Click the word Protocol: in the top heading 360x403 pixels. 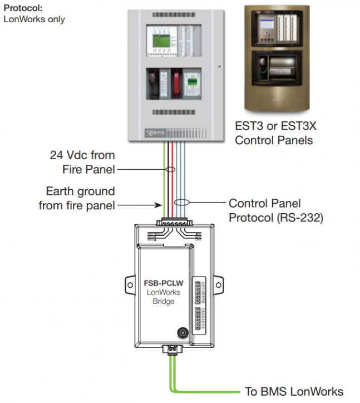click(23, 9)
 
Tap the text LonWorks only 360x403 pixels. click(34, 19)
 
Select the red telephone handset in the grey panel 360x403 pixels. click(176, 82)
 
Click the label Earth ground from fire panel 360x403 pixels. click(77, 199)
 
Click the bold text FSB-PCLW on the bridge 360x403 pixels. click(163, 283)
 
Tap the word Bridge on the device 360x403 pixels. click(164, 302)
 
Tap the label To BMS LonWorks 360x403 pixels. click(294, 391)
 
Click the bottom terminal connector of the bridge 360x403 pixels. click(171, 349)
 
